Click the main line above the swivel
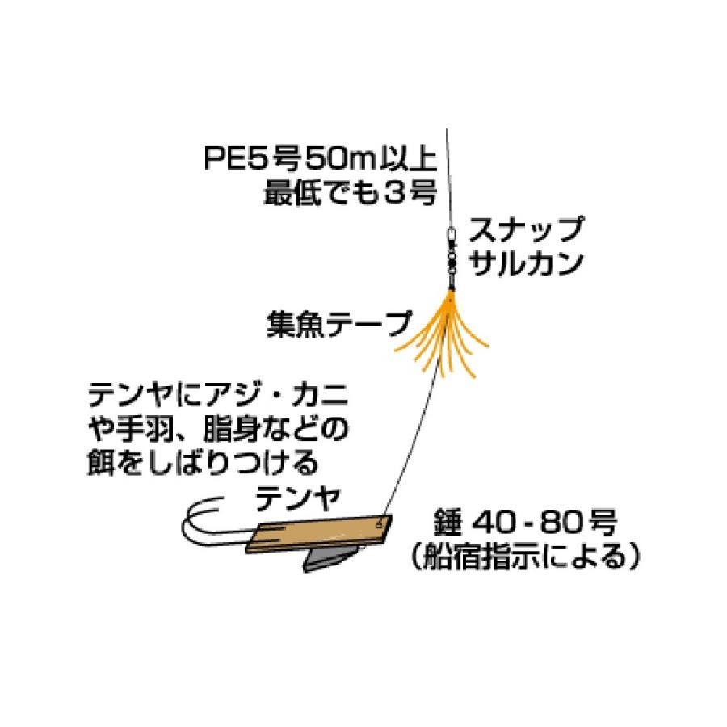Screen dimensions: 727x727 [448, 178]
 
